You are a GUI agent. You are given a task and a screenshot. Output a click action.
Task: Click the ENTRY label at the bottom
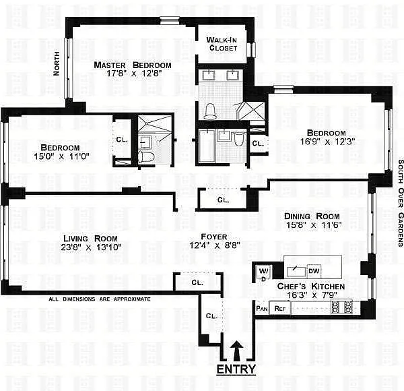click(236, 369)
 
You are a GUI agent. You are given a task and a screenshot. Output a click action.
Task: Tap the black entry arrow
click(237, 351)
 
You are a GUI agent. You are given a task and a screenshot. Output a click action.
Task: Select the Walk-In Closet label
click(222, 44)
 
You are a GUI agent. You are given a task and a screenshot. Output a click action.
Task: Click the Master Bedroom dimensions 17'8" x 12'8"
click(134, 73)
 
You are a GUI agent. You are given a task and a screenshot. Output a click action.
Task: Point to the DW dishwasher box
click(314, 271)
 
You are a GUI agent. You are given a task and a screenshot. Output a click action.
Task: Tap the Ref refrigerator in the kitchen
click(280, 308)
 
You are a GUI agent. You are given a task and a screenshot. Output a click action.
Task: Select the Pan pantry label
click(262, 309)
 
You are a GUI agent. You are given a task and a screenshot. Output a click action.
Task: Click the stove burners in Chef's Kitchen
click(341, 307)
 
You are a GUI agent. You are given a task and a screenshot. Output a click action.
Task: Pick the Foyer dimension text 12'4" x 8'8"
click(214, 245)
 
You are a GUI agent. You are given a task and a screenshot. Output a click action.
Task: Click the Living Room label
click(90, 239)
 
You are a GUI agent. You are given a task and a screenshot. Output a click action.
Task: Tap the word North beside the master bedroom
click(56, 63)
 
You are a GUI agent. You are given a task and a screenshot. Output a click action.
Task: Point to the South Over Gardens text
click(400, 203)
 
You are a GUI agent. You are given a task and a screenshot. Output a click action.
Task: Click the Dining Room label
click(312, 216)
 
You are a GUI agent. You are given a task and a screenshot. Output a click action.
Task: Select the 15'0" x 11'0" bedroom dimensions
click(61, 156)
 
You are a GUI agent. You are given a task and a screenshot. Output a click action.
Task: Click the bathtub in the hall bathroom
click(207, 146)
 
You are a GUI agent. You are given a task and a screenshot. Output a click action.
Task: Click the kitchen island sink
click(296, 271)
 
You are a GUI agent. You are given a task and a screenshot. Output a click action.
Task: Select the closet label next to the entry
click(212, 316)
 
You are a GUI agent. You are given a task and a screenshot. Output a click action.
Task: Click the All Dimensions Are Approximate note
click(100, 299)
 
